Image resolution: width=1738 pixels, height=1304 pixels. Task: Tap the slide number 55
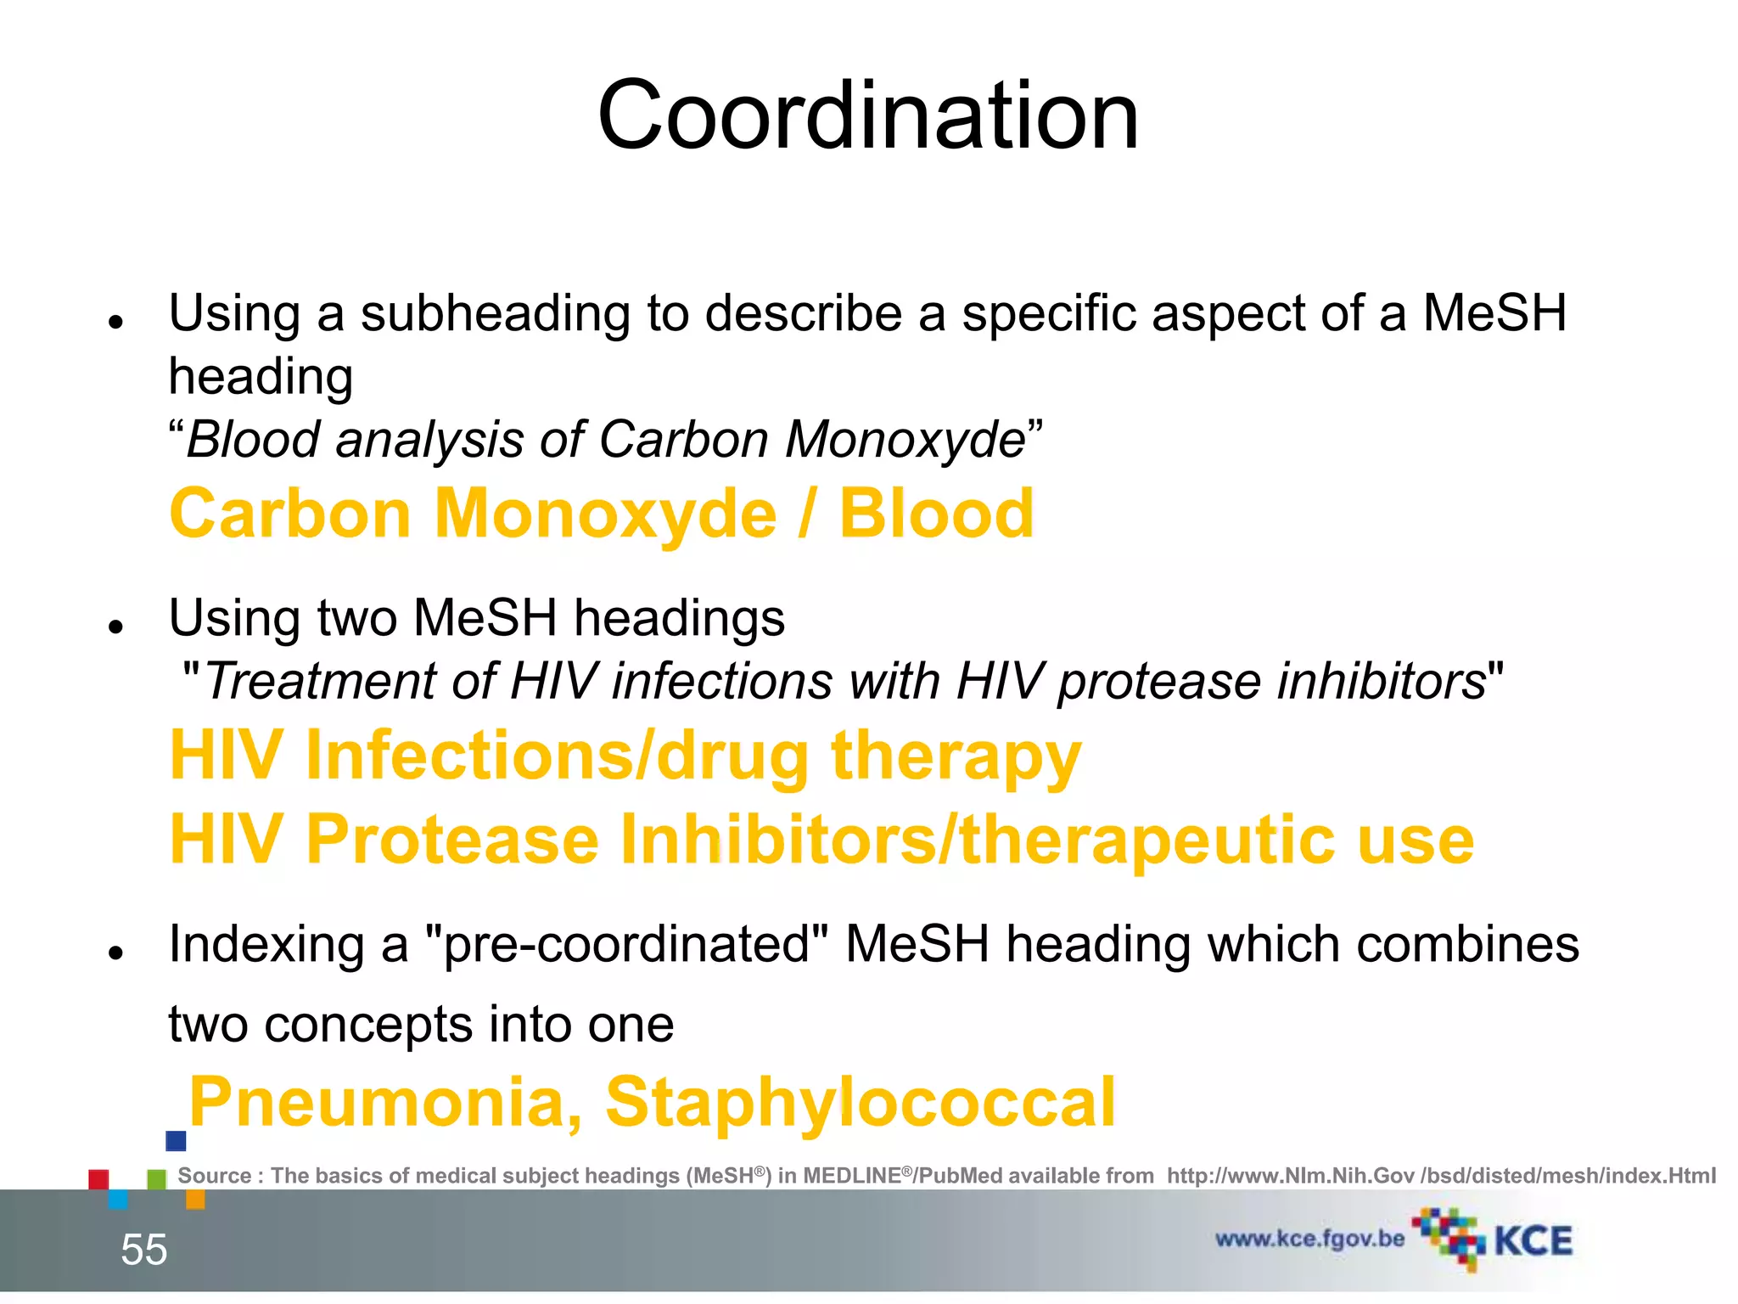(144, 1250)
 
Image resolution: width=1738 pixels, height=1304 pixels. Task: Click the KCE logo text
(1533, 1241)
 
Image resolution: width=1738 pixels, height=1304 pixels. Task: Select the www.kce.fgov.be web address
(1309, 1239)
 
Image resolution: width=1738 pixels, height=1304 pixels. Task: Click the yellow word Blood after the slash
(936, 514)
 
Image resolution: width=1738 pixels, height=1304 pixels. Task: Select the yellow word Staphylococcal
(860, 1102)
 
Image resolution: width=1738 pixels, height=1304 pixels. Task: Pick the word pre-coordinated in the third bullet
(625, 944)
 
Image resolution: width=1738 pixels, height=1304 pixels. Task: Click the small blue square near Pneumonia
(176, 1141)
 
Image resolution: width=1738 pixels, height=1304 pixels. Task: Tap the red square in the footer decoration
(98, 1179)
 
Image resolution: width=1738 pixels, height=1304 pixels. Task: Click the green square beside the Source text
(157, 1179)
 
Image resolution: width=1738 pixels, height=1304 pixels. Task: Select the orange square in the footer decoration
(195, 1199)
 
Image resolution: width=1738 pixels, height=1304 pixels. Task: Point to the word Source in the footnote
(214, 1176)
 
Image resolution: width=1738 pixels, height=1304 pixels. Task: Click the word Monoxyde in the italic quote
(905, 441)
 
